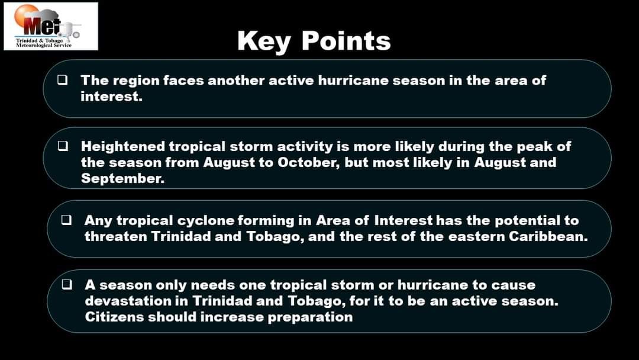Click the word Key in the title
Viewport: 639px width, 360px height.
[x=264, y=41]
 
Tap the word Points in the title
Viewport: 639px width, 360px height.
[x=346, y=41]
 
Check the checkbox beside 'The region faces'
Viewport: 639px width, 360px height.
[x=62, y=79]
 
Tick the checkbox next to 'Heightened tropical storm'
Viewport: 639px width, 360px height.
[x=62, y=146]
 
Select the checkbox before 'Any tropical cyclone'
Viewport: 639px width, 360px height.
[x=66, y=220]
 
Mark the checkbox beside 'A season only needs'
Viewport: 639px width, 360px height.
[x=67, y=284]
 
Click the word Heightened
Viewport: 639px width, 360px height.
[x=123, y=146]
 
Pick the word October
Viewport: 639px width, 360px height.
[x=308, y=162]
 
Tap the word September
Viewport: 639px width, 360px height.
[x=122, y=178]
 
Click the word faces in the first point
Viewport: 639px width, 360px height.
[x=183, y=81]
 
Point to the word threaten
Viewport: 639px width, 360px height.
[x=116, y=236]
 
